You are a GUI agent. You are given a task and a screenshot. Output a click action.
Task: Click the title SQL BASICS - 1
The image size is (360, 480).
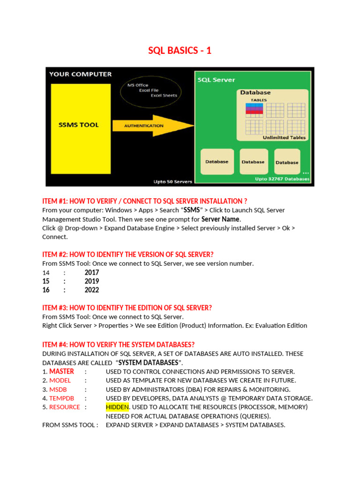(180, 51)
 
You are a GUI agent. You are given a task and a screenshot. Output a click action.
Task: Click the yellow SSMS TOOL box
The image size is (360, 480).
(81, 125)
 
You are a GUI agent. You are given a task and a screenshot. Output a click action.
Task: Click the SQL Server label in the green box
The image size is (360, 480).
(216, 80)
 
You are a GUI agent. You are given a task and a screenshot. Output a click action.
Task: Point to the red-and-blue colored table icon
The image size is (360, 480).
(254, 109)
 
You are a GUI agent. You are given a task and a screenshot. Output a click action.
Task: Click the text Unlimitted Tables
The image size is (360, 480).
(284, 138)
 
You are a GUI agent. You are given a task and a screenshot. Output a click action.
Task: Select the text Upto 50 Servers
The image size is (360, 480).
(172, 181)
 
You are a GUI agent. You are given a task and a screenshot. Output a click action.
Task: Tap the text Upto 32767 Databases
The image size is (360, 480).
(282, 179)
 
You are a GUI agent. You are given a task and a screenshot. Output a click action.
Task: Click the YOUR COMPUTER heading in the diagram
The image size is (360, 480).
(81, 74)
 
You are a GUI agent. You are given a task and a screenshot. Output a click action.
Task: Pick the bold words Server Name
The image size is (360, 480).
(220, 219)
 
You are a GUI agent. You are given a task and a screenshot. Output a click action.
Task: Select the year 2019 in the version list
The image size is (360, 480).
(91, 281)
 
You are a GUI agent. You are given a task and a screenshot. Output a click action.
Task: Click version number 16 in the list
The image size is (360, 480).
(46, 290)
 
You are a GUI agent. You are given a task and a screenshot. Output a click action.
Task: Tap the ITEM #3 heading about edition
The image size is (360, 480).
(127, 308)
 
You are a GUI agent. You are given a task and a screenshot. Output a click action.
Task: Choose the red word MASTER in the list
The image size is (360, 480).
(61, 371)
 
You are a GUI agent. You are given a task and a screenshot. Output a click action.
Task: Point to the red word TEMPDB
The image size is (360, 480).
(62, 398)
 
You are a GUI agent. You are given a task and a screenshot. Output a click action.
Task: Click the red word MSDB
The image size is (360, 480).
(59, 389)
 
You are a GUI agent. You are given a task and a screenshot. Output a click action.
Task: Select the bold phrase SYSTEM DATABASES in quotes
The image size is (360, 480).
(148, 362)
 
